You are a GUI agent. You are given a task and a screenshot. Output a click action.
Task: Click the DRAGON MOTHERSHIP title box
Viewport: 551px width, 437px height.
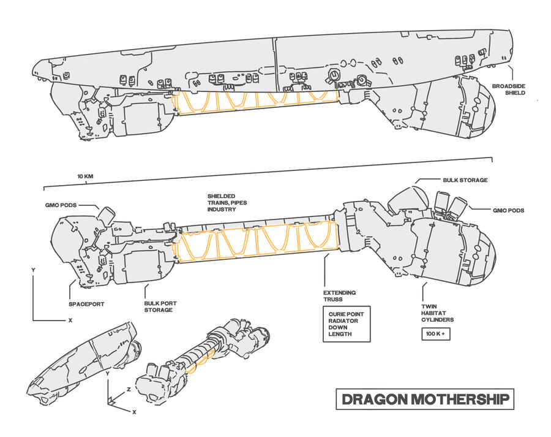[425, 400]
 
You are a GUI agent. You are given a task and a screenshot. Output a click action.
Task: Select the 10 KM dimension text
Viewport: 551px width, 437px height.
[85, 177]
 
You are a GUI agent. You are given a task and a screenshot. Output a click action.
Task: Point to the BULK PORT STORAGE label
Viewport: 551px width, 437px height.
[158, 306]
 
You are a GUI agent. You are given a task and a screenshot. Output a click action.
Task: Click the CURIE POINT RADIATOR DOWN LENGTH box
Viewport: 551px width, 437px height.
[346, 324]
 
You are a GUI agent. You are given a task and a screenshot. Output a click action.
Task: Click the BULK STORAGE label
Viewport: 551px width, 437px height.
[465, 180]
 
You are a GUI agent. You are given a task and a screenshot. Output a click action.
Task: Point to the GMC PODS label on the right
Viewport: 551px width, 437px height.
[509, 210]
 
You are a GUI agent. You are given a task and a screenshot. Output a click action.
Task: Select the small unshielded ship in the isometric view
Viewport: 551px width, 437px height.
[205, 355]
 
